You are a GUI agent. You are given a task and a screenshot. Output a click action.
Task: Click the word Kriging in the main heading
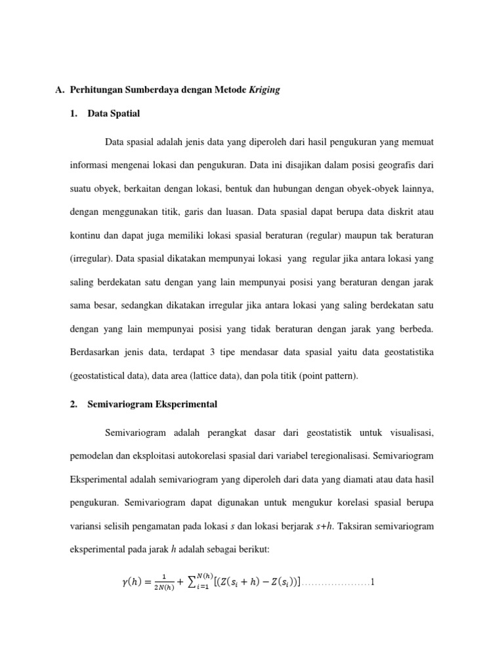pyautogui.click(x=264, y=90)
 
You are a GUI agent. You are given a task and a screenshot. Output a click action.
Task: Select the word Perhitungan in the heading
pyautogui.click(x=97, y=90)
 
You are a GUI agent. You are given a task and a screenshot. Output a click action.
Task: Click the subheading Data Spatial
pyautogui.click(x=114, y=114)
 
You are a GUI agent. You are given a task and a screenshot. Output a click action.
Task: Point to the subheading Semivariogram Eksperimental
pyautogui.click(x=152, y=404)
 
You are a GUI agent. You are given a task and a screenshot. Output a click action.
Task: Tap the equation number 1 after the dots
pyautogui.click(x=372, y=582)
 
